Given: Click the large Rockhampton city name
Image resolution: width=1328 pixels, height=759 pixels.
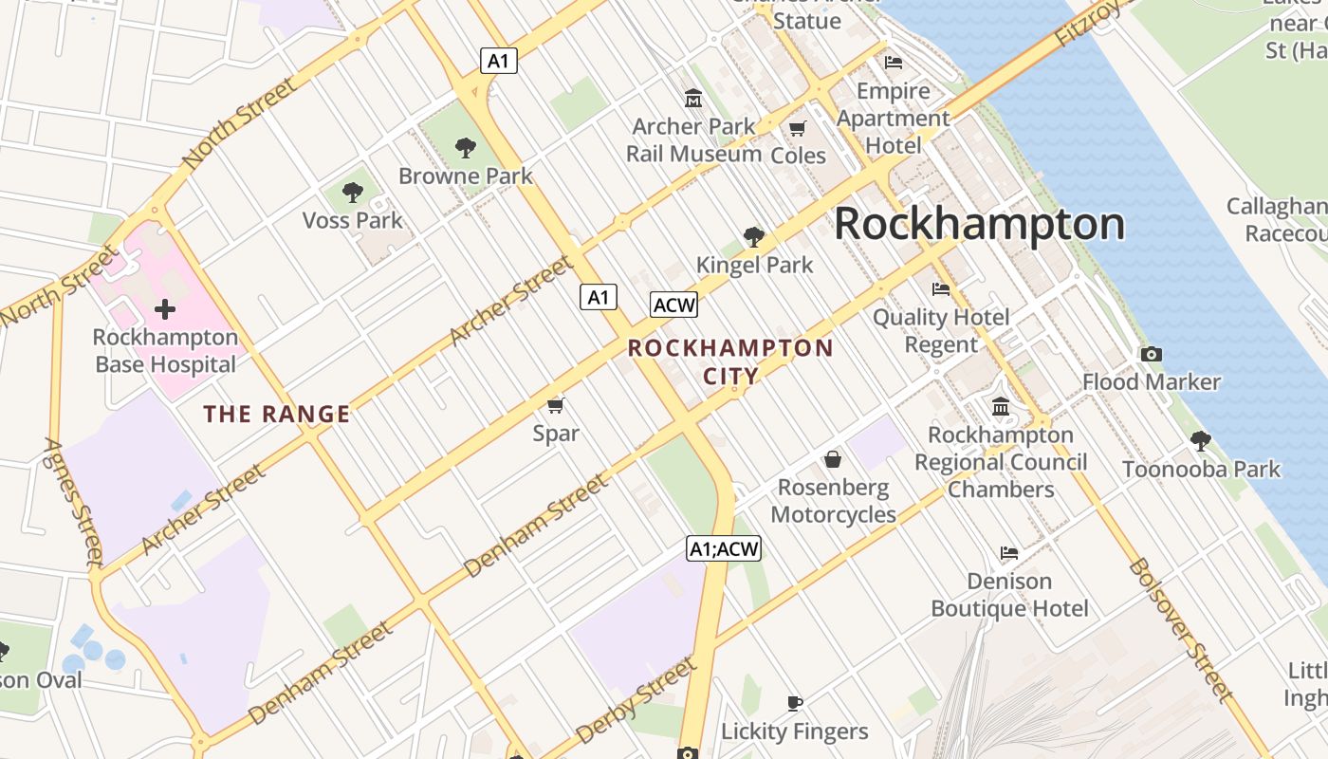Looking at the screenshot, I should click(979, 225).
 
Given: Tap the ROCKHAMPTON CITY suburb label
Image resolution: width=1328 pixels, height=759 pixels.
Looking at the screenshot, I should click(730, 361).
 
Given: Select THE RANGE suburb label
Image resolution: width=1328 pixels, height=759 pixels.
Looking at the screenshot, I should click(277, 415).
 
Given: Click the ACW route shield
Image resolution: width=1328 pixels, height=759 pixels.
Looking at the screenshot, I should click(673, 305).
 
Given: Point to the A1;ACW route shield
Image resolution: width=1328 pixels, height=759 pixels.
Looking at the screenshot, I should click(724, 548).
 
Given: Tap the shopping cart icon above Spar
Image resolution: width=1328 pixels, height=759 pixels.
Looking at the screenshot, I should click(556, 405).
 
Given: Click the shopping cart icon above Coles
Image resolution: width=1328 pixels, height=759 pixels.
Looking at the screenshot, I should click(798, 127).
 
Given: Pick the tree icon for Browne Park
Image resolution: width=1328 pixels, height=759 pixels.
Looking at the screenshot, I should click(465, 147).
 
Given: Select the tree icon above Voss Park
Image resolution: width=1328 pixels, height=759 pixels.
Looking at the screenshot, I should click(352, 193).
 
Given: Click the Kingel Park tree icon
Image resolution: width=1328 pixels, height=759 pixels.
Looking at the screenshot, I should click(754, 236).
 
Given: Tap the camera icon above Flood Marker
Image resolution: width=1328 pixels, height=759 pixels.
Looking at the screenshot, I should click(1151, 354).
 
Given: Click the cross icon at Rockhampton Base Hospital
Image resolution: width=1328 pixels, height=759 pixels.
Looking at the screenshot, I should click(165, 309).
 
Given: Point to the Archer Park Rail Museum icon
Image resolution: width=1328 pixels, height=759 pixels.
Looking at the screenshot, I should click(693, 98).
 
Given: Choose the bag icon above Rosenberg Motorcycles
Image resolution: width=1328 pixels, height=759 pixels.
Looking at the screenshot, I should click(833, 459).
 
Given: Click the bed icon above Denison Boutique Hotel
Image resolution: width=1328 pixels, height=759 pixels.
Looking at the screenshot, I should click(1009, 552).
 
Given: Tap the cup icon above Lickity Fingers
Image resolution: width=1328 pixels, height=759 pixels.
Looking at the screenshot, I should click(795, 703).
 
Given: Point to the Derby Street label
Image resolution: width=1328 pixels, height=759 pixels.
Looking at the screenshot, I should click(635, 702).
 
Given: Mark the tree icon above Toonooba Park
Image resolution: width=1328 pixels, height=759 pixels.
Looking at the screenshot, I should click(1201, 440).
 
